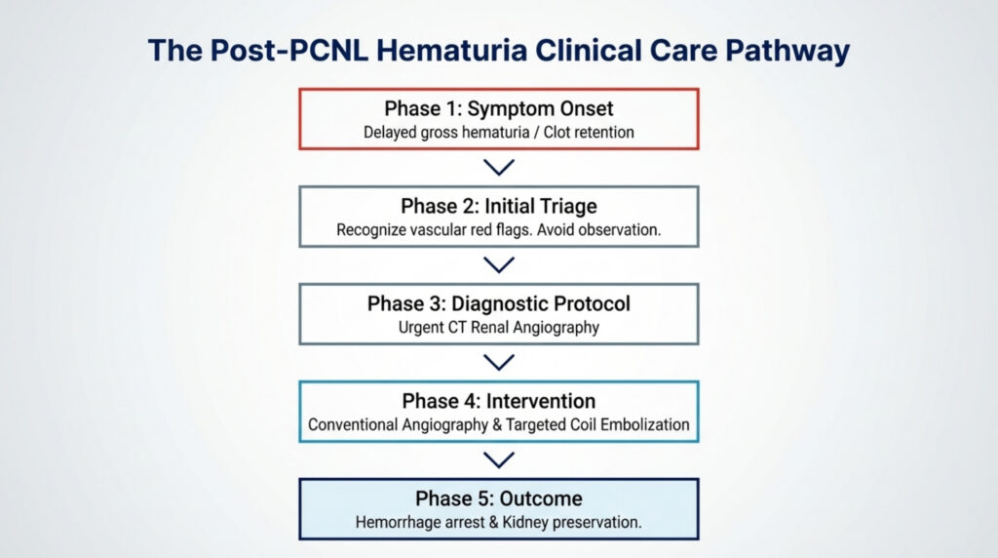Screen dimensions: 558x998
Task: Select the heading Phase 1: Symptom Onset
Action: point(498,107)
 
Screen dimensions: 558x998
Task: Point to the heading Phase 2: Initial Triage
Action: point(498,207)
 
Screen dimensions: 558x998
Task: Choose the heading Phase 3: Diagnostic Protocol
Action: point(498,303)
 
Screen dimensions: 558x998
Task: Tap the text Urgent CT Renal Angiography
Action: point(498,328)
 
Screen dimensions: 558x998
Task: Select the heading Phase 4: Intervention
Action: point(498,401)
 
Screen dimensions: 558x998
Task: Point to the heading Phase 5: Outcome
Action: point(498,498)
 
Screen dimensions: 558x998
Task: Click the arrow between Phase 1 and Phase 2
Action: point(499,168)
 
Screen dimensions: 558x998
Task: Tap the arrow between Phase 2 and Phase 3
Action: point(499,265)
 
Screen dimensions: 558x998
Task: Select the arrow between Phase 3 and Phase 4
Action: point(499,362)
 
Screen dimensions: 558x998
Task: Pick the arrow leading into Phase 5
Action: point(499,459)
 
